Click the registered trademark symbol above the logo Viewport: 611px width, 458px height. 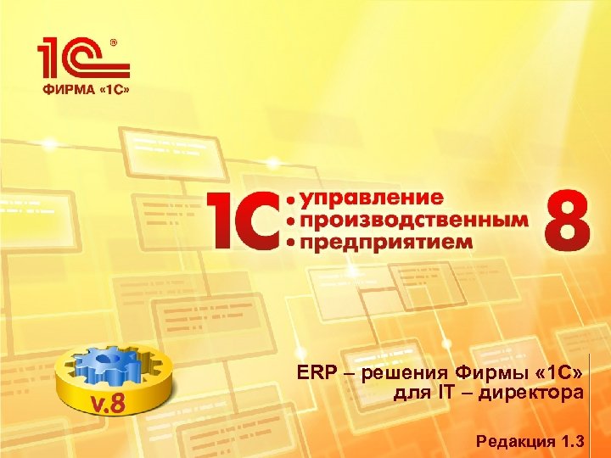tap(115, 41)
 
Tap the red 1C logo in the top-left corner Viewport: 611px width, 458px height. tap(80, 60)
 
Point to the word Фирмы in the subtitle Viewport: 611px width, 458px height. tap(480, 372)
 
